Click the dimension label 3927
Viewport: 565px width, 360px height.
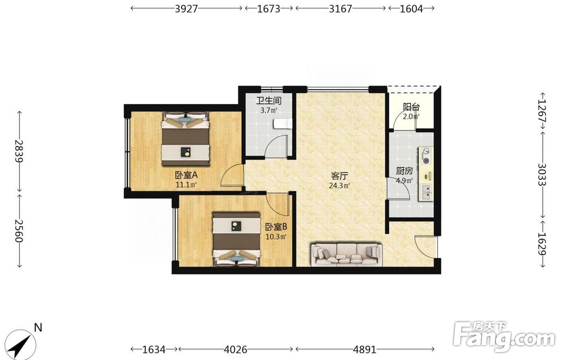pyautogui.click(x=186, y=8)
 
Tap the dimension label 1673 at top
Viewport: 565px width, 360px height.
pyautogui.click(x=268, y=8)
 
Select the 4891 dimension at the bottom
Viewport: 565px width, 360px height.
pyautogui.click(x=364, y=349)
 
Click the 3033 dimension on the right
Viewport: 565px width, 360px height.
pyautogui.click(x=542, y=175)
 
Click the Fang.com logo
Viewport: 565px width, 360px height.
pyautogui.click(x=504, y=337)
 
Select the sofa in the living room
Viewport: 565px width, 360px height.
pyautogui.click(x=346, y=255)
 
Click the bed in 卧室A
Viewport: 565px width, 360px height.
pyautogui.click(x=185, y=139)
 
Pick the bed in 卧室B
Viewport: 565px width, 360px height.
pyautogui.click(x=236, y=239)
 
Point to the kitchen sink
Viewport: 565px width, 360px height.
pyautogui.click(x=426, y=192)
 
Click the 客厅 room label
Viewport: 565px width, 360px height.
pyautogui.click(x=340, y=176)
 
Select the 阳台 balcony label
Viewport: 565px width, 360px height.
pyautogui.click(x=411, y=107)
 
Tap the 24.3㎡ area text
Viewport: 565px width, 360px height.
pyautogui.click(x=340, y=186)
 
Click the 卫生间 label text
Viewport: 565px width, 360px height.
pyautogui.click(x=269, y=101)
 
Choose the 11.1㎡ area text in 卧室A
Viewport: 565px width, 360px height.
pyautogui.click(x=186, y=185)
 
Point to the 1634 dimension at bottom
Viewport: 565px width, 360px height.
pyautogui.click(x=154, y=349)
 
